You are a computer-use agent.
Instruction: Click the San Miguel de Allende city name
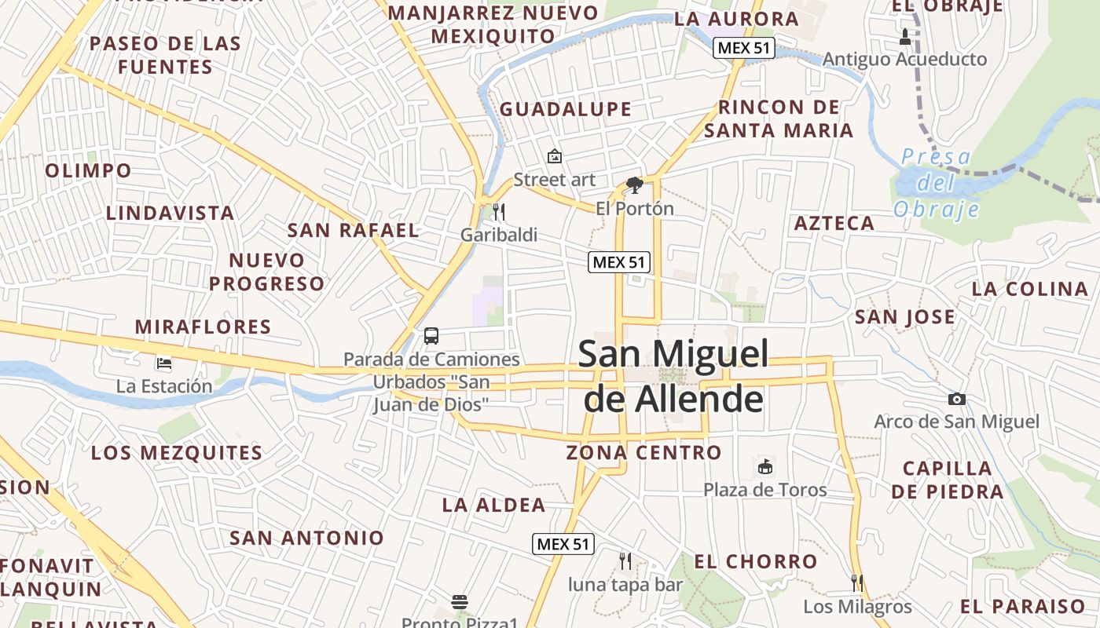point(673,376)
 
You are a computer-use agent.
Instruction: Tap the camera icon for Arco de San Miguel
point(956,399)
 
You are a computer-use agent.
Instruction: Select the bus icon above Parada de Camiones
point(431,336)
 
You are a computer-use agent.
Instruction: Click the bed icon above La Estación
point(164,363)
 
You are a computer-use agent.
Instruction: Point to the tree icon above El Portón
point(635,185)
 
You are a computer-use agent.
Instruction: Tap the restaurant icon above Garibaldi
point(498,211)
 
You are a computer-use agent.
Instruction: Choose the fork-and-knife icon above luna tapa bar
point(625,560)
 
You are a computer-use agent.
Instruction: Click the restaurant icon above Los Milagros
point(857,582)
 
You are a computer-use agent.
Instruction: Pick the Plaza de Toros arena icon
point(764,466)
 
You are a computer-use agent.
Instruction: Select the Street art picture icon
point(555,156)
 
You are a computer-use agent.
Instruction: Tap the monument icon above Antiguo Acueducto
point(904,36)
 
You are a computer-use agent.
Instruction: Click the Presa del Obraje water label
point(937,183)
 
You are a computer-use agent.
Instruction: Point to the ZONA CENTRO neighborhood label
point(643,452)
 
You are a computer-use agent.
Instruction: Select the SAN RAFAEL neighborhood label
point(354,230)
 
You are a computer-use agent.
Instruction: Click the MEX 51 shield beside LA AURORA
point(744,48)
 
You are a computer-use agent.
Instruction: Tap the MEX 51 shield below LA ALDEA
point(563,544)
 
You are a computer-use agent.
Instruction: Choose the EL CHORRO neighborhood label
point(756,561)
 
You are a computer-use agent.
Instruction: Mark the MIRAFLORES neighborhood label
point(203,327)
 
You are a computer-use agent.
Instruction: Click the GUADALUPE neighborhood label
point(566,109)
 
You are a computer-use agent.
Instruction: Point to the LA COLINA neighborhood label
point(1029,288)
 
